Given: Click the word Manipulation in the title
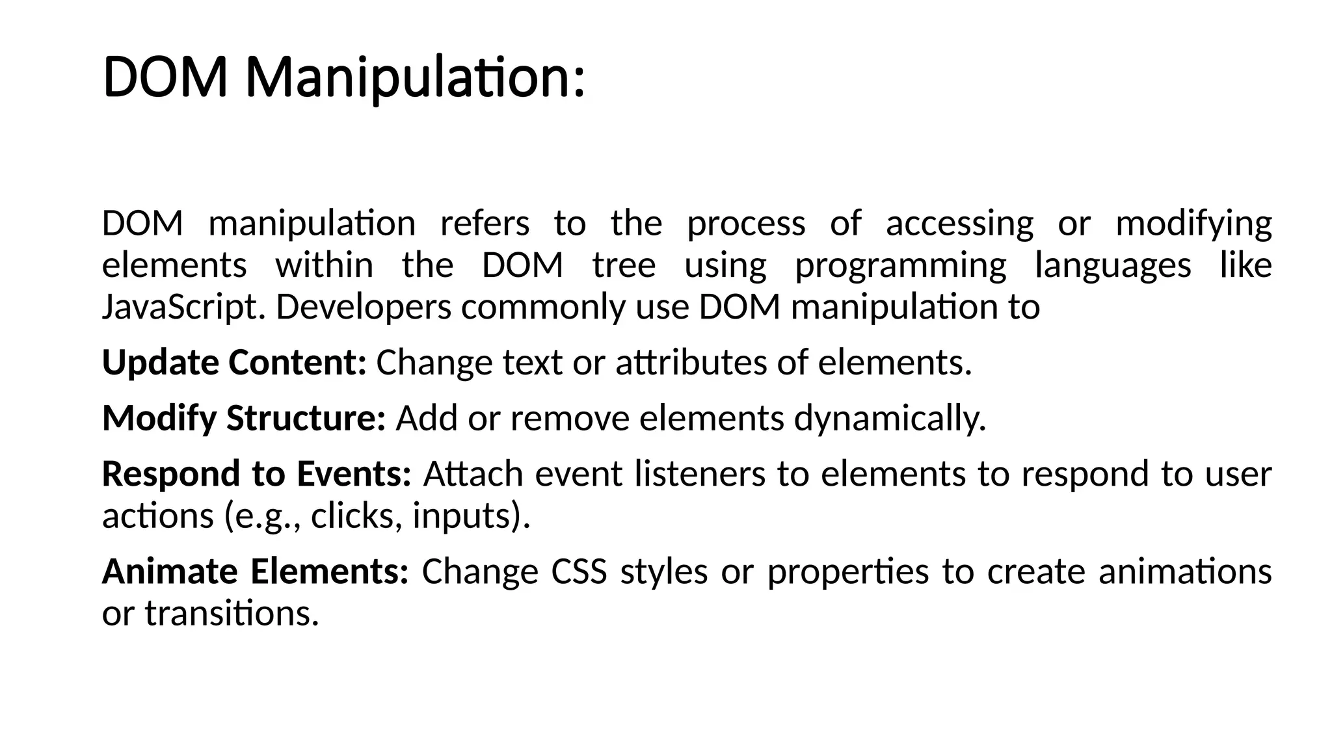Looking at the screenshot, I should (x=415, y=79).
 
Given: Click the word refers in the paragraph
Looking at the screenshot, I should (x=485, y=224).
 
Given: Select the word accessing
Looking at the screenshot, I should (x=959, y=224).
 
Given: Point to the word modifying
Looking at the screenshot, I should (x=1193, y=224).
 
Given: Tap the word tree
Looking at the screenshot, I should (x=624, y=265).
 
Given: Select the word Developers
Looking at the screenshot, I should (x=364, y=308).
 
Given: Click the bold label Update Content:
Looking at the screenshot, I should (x=235, y=363).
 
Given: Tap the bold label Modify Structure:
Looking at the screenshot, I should (x=244, y=418).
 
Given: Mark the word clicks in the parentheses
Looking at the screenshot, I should (x=352, y=516).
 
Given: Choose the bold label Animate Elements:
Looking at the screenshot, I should (x=255, y=572).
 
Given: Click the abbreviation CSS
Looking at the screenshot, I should (x=579, y=572).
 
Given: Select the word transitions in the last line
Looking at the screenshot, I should (x=232, y=613).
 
